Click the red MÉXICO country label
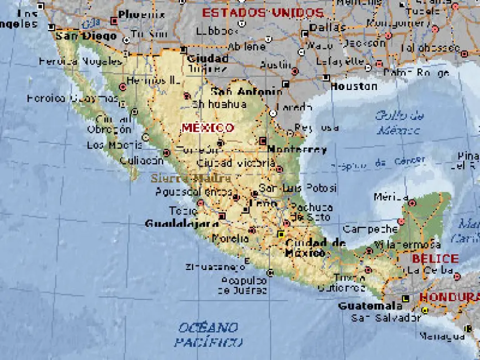(x=207, y=128)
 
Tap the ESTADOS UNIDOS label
(x=262, y=13)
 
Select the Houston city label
(x=354, y=87)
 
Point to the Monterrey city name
(x=297, y=150)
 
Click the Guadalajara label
(x=182, y=223)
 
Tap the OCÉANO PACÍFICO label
(x=207, y=334)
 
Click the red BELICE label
(x=435, y=259)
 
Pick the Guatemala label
(x=370, y=306)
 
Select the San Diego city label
(x=86, y=36)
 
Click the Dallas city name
(x=327, y=27)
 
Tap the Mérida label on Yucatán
(x=391, y=197)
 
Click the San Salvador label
(x=386, y=317)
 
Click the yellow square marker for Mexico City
(x=281, y=234)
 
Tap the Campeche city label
(x=370, y=229)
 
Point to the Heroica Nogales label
(x=80, y=62)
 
